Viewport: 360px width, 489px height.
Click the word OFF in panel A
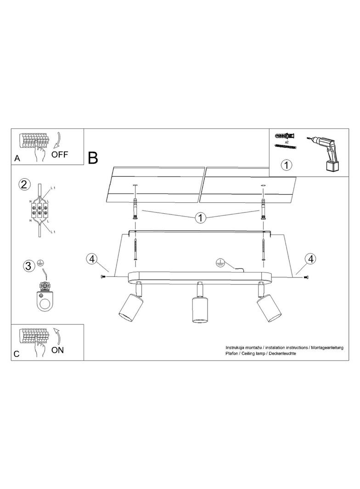[x=60, y=154]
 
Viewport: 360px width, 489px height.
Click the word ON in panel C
[x=57, y=350]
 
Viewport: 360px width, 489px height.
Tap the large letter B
[x=93, y=158]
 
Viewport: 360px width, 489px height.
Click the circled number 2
[x=24, y=184]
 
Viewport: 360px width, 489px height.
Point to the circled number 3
[x=28, y=266]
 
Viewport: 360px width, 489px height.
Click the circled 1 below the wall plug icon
[x=287, y=165]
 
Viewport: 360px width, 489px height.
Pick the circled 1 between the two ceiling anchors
[x=201, y=217]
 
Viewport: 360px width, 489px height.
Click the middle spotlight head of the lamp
[x=198, y=310]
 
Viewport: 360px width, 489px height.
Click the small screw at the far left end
[x=103, y=277]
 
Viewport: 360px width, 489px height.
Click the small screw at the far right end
[x=306, y=277]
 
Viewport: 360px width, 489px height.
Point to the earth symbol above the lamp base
[x=220, y=263]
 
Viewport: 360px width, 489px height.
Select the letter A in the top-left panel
[x=17, y=159]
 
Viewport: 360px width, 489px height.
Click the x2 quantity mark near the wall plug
[x=287, y=142]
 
